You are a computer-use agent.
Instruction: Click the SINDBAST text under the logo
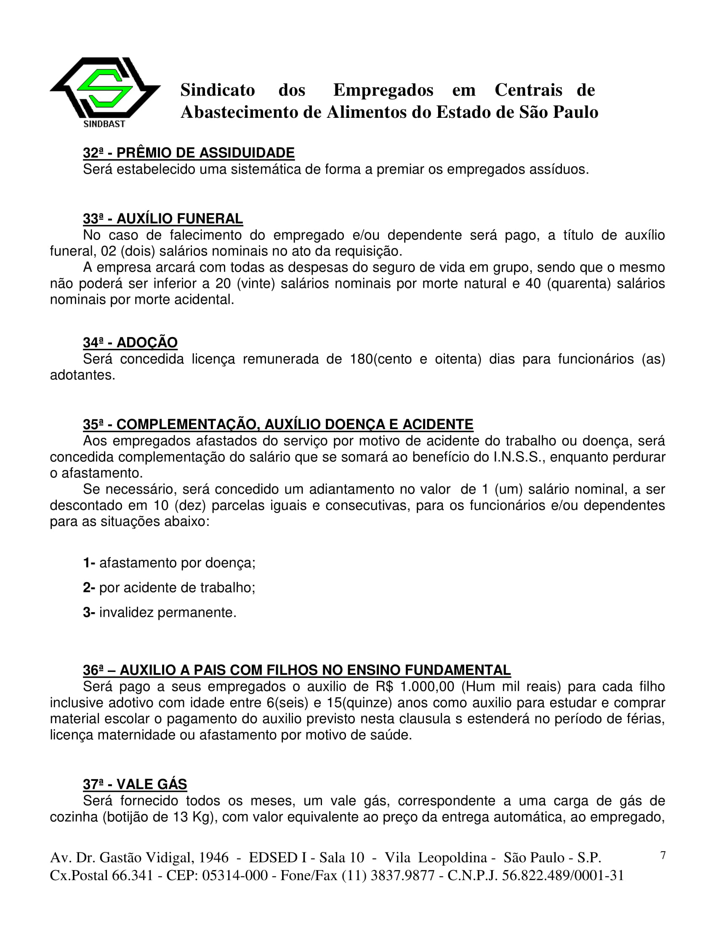104,124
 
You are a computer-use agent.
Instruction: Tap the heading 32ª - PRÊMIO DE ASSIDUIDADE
188,153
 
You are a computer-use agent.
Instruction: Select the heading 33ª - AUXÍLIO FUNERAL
162,219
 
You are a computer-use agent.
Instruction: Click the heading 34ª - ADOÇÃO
130,342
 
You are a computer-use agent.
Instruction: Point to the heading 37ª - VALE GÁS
134,785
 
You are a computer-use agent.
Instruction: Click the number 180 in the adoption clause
361,359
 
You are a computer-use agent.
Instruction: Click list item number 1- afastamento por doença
169,563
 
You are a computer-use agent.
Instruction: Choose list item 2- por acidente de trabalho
169,588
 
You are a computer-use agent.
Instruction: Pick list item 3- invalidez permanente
160,613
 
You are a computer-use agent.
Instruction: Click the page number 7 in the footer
663,855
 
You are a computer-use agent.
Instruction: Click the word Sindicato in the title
218,90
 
